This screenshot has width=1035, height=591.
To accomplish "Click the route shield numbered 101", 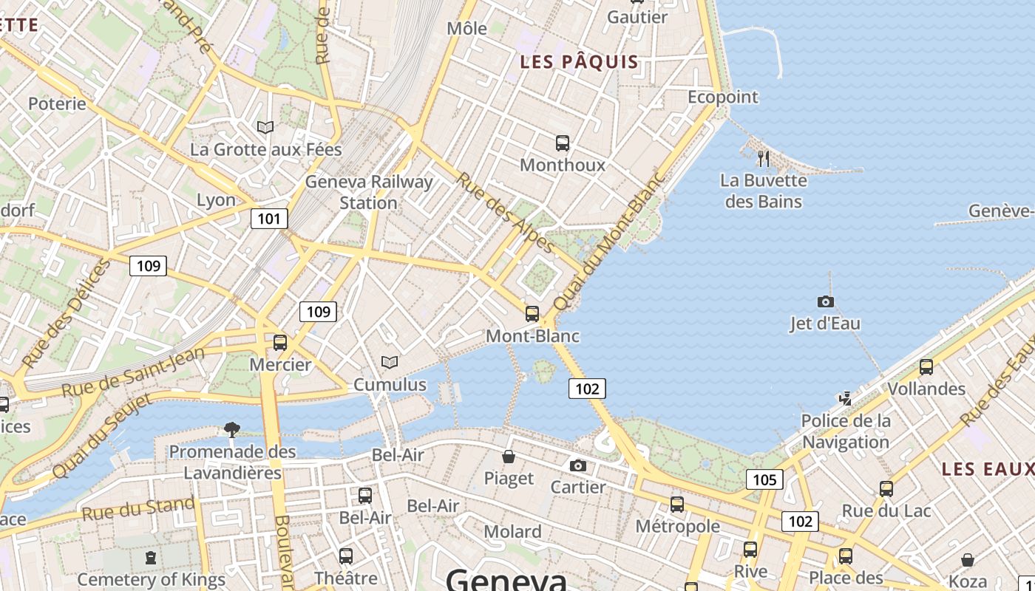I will point(269,218).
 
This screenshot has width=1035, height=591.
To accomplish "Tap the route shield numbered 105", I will point(764,480).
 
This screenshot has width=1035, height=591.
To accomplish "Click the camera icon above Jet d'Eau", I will point(825,301).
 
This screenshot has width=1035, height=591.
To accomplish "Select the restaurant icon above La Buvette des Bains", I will point(764,158).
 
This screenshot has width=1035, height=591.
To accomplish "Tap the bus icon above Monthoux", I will point(563,143).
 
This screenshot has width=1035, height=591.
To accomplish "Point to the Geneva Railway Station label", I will point(369,192).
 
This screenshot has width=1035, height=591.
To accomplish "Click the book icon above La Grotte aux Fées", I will point(265,127).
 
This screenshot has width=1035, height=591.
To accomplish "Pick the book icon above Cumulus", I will point(389,362).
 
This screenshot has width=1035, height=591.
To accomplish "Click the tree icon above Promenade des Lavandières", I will point(232,429).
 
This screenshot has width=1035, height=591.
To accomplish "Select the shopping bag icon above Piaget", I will point(509,457).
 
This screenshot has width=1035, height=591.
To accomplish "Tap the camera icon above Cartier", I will point(578,465).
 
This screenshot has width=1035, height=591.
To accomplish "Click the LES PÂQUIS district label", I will point(579,62).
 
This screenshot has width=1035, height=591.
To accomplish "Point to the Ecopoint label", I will point(723,97).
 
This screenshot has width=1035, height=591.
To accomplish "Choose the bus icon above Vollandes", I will point(926,366).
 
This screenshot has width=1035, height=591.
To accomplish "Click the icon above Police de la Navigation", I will point(846,399).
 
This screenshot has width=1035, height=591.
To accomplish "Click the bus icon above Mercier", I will point(279,342).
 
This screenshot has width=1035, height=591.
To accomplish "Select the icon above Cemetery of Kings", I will point(151,557).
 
